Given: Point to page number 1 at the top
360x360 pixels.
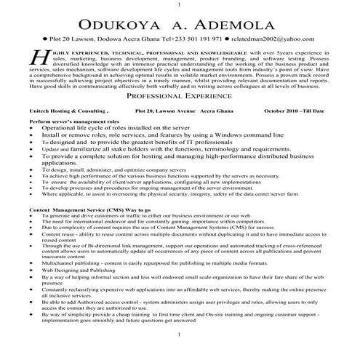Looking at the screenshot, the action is click(179, 4).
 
